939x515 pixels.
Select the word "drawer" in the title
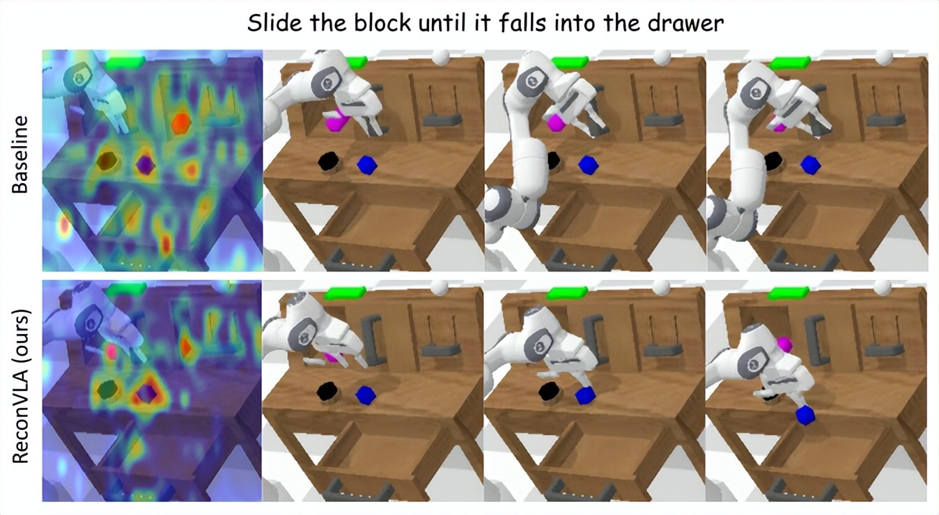686,23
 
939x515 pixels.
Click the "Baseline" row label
20,154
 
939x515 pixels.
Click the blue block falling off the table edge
805,415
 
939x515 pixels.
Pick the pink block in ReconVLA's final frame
785,344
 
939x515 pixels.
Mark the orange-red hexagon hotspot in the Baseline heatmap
182,121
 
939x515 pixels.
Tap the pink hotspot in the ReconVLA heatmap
111,351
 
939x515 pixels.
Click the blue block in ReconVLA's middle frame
585,395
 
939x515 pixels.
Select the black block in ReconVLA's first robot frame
327,392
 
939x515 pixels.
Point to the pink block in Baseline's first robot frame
336,121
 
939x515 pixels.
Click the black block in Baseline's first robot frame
328,161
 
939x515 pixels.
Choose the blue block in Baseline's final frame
810,166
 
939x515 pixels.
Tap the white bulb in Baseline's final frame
884,57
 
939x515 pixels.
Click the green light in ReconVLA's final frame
788,292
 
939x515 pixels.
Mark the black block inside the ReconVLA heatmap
109,390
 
